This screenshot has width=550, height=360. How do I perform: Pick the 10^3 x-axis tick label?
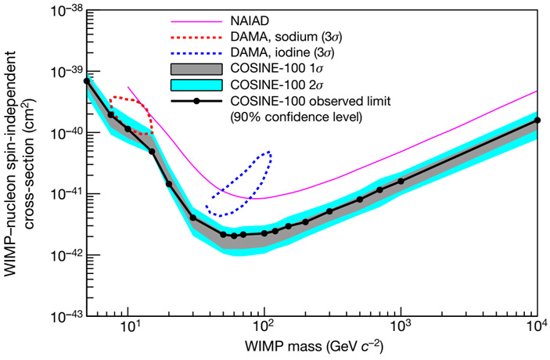click(401, 328)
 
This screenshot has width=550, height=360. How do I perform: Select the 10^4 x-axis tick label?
click(537, 328)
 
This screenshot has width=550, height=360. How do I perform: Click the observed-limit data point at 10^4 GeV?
click(538, 121)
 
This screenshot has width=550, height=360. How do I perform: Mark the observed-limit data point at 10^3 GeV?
click(401, 181)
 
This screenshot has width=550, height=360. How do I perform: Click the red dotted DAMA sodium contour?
click(133, 99)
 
